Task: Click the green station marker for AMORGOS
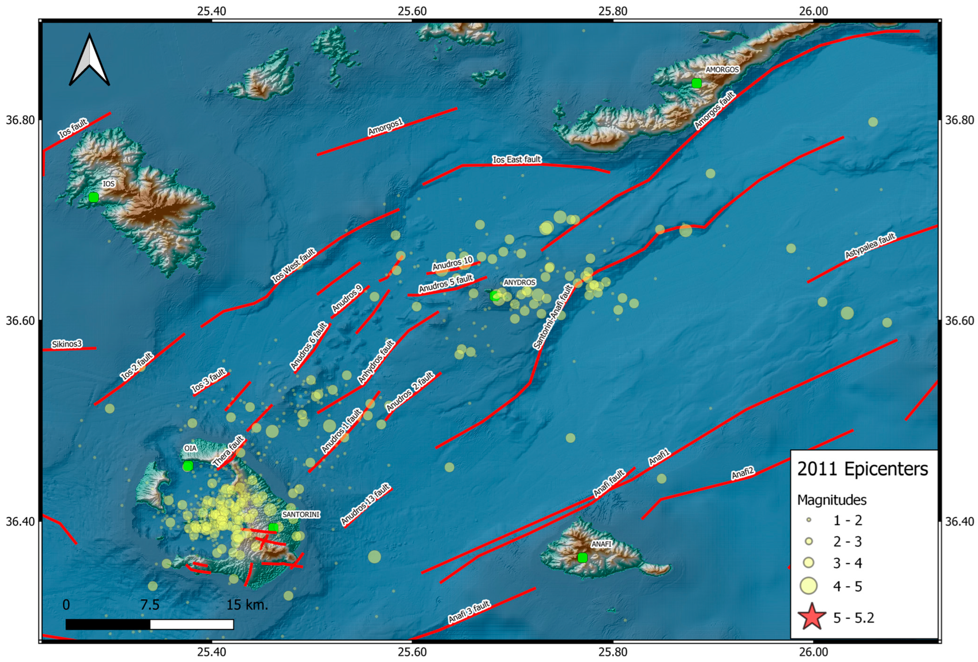(697, 83)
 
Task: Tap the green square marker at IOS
(93, 197)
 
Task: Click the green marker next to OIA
(188, 466)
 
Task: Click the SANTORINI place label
(301, 514)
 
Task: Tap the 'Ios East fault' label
(517, 159)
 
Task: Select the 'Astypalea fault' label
(870, 246)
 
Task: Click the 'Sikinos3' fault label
(67, 344)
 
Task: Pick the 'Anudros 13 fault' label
(365, 504)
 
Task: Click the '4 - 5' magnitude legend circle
(808, 586)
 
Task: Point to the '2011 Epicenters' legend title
(862, 469)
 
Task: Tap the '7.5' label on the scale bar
(150, 605)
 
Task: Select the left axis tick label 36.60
(20, 321)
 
